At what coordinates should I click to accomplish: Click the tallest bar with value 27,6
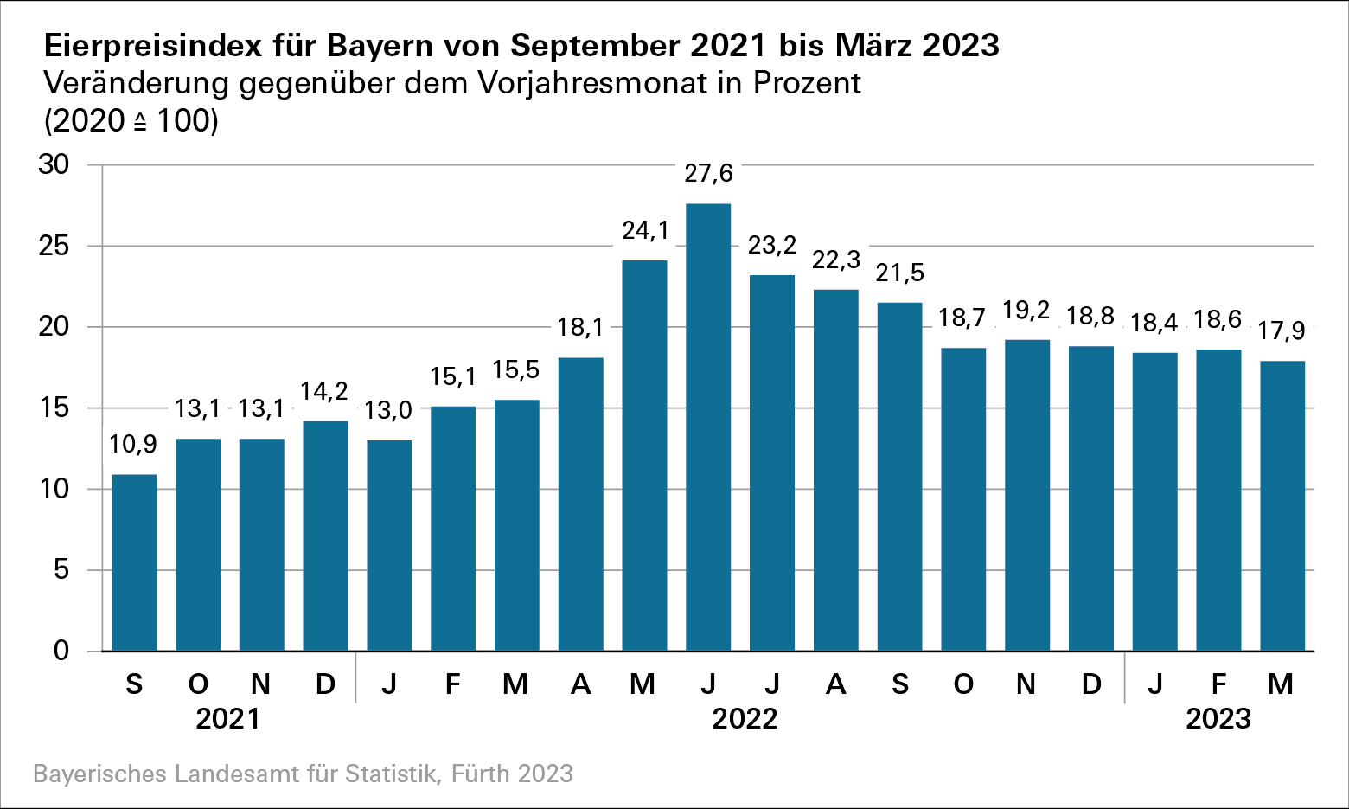708,427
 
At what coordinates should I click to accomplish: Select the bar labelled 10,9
134,562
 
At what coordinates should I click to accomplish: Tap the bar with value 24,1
644,455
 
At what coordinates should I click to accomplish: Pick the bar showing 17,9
1282,505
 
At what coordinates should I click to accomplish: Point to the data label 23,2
772,245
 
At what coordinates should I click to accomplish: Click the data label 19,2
1026,311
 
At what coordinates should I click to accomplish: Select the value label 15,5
516,370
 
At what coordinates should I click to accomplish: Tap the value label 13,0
388,410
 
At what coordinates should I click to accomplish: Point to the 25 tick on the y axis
54,246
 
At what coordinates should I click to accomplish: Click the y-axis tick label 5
61,570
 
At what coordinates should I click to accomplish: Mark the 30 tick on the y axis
54,164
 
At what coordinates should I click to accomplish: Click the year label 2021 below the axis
228,719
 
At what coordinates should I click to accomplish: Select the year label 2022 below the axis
745,719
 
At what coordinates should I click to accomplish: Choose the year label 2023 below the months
1218,719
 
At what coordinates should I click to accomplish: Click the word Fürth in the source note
481,774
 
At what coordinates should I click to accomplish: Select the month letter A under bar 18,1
581,684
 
